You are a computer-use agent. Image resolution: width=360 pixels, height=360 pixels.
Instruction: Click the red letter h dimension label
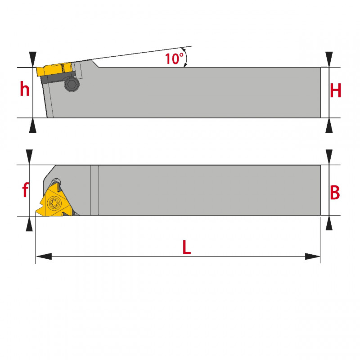click(25, 89)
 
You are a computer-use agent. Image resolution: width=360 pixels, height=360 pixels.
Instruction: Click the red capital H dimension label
click(335, 90)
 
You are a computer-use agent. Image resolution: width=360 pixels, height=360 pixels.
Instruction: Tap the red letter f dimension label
click(25, 190)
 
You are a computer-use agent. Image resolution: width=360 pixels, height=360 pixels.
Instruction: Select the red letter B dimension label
click(335, 192)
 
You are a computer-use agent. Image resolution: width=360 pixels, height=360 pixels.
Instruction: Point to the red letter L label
click(186, 247)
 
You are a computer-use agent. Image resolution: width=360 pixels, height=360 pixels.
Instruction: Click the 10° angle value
click(174, 58)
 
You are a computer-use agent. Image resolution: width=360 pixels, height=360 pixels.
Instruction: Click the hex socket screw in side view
click(72, 84)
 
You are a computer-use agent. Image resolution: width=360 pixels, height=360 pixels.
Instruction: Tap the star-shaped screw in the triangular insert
click(54, 203)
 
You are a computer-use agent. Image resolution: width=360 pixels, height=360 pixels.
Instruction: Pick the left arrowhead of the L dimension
click(44, 256)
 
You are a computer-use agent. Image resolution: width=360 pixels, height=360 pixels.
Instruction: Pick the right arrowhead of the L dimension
click(312, 256)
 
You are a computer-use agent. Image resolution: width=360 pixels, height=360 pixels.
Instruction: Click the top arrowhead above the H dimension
click(329, 59)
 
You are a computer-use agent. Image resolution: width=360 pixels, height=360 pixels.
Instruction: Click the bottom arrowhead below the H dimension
click(329, 126)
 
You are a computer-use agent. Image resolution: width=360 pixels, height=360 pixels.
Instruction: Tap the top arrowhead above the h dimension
click(32, 59)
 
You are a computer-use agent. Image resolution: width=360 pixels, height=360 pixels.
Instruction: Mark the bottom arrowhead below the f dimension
click(29, 224)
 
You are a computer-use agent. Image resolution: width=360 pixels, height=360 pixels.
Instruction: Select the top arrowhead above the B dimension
click(329, 157)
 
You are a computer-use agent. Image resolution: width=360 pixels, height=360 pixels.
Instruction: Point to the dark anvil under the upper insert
click(58, 77)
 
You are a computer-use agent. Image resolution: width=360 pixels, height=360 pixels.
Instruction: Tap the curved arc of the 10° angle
click(186, 58)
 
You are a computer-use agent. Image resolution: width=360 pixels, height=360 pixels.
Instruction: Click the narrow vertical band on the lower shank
click(94, 190)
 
